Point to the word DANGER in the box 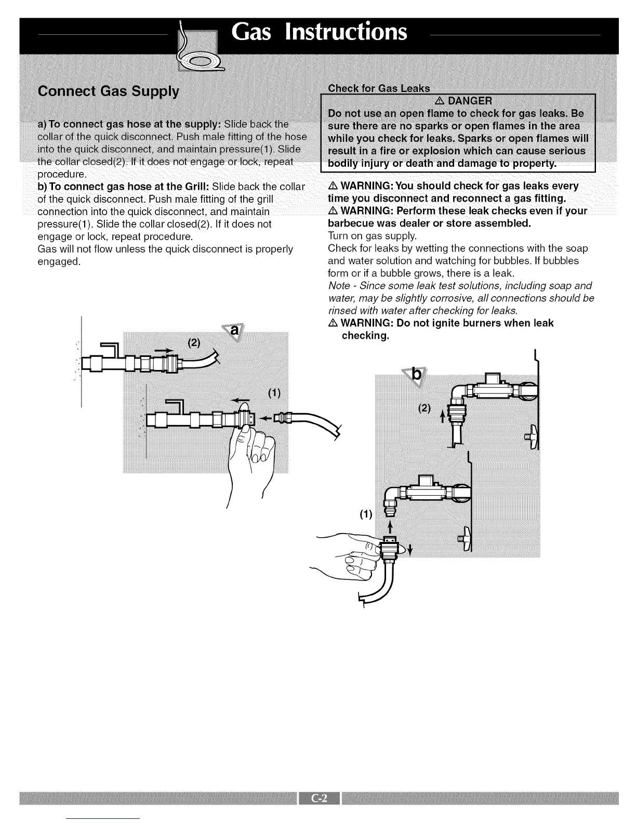pyautogui.click(x=470, y=100)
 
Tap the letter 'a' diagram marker pyautogui.click(x=234, y=330)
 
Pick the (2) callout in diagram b pyautogui.click(x=425, y=408)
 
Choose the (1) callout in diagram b pyautogui.click(x=366, y=514)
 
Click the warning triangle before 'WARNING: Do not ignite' pyautogui.click(x=333, y=323)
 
